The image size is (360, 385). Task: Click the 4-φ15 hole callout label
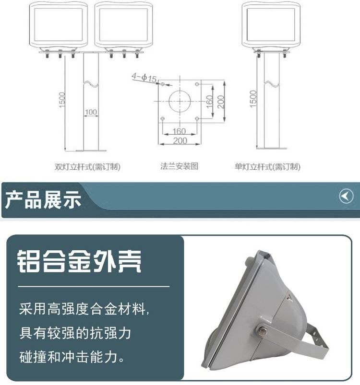(x=144, y=78)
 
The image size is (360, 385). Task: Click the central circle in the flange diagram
(x=180, y=101)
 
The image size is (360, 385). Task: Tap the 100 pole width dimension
(x=91, y=112)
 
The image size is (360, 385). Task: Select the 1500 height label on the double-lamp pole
(x=62, y=99)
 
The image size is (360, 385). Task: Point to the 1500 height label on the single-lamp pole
(x=253, y=98)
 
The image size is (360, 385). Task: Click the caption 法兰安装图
(x=180, y=166)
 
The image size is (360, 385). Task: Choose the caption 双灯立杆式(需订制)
(x=87, y=167)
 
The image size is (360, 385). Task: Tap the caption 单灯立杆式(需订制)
(x=267, y=167)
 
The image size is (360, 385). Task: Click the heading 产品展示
(x=43, y=200)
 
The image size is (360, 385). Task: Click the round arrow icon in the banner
(x=346, y=196)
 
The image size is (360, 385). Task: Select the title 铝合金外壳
(x=79, y=261)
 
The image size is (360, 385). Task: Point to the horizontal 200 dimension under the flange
(x=180, y=140)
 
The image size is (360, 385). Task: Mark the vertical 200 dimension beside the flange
(x=221, y=102)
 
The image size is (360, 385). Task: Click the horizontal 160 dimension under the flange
(x=179, y=131)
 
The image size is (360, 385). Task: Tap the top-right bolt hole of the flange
(x=197, y=84)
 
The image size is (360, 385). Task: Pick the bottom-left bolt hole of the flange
(x=162, y=118)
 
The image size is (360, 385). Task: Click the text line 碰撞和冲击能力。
(x=72, y=357)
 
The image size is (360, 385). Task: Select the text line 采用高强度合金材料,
(x=84, y=309)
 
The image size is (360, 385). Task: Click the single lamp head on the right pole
(x=271, y=25)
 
